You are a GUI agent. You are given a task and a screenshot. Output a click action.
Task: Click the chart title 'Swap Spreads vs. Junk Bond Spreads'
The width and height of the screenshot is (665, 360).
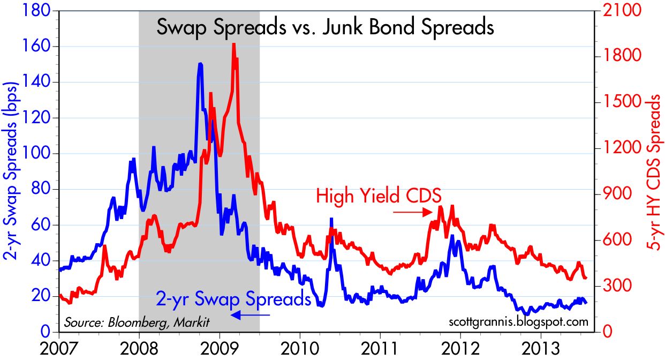point(324,27)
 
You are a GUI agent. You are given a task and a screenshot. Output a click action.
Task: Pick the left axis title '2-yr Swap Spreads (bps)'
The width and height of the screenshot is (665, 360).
point(12,171)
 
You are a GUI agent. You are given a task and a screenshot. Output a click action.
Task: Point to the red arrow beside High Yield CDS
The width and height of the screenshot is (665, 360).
point(412,212)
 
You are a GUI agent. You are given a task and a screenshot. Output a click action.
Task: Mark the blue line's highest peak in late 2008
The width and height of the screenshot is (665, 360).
point(200,64)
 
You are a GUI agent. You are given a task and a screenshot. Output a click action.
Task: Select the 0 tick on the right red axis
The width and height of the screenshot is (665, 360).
point(607,332)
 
